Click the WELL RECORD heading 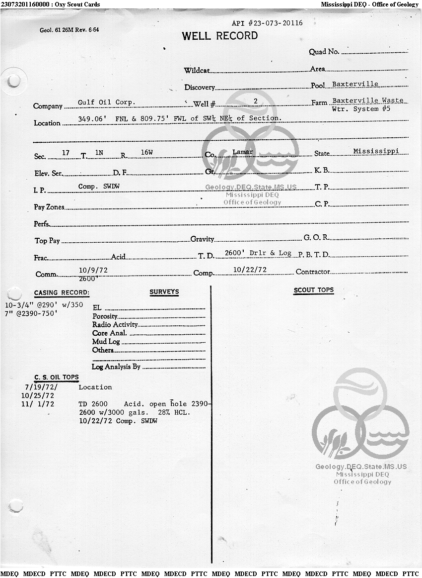[x=219, y=36]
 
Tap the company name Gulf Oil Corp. [x=106, y=102]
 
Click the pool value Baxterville [x=355, y=84]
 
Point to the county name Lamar [x=243, y=152]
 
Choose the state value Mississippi [x=376, y=151]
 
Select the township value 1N [x=99, y=152]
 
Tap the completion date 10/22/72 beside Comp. [x=250, y=270]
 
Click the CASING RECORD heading [x=62, y=292]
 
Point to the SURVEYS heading [x=164, y=292]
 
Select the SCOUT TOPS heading [x=314, y=290]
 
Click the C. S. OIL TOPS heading [x=56, y=377]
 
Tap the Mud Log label [x=106, y=342]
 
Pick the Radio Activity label [x=115, y=325]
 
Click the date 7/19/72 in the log [x=41, y=387]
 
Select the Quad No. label [x=324, y=52]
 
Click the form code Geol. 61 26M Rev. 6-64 [x=69, y=30]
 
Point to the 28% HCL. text [x=174, y=412]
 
